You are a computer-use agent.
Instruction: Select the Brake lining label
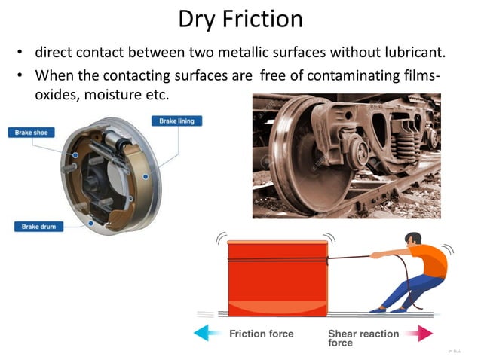176,121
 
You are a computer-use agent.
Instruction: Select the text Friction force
262,332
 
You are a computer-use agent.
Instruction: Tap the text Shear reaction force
364,337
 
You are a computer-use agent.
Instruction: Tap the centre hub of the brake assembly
100,179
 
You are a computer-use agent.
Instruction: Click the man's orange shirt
431,261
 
